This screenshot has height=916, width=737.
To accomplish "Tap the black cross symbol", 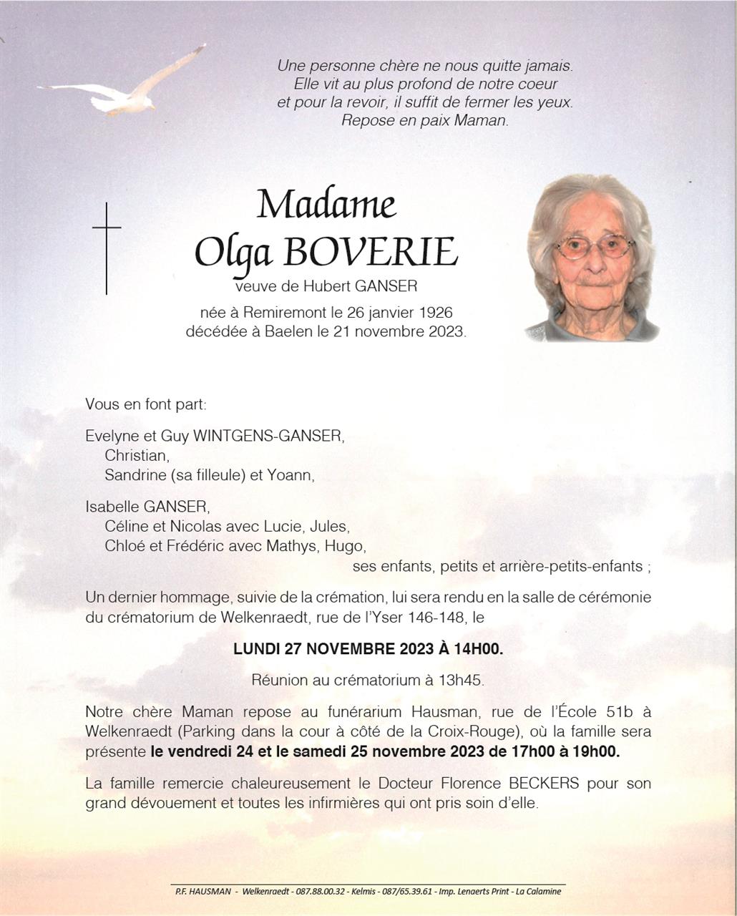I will (107, 247).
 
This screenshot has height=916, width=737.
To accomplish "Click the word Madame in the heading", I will (326, 205).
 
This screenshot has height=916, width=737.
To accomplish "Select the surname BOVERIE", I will (371, 252).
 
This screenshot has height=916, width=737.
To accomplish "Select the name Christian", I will (137, 455).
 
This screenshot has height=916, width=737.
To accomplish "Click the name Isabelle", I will (113, 507).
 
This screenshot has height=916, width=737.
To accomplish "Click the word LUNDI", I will (256, 649).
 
